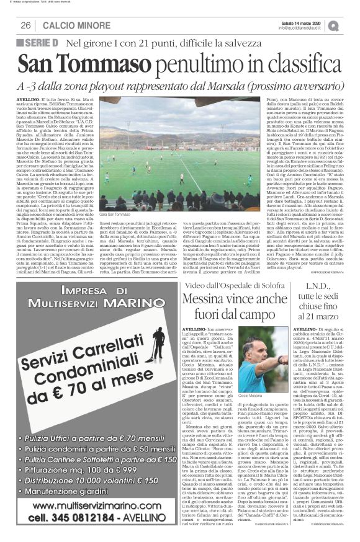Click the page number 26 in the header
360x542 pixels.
[26, 25]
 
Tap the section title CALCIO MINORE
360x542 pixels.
[71, 25]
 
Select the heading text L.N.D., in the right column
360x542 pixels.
[318, 287]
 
